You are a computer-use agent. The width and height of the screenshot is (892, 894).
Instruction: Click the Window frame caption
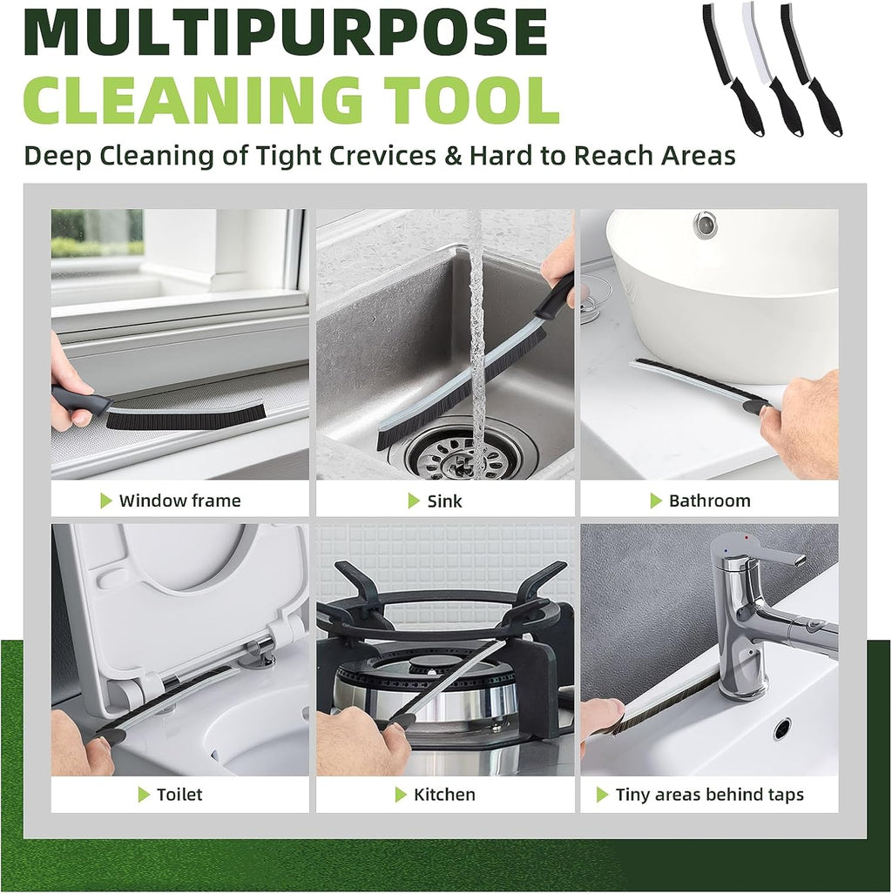click(179, 501)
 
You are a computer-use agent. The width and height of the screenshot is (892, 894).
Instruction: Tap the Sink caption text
click(444, 501)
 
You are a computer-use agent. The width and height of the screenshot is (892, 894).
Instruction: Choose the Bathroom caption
click(709, 501)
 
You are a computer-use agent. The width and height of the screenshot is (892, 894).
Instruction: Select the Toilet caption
click(179, 795)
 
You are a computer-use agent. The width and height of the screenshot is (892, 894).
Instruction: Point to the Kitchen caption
click(444, 795)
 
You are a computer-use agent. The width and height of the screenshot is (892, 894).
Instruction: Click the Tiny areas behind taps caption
click(709, 795)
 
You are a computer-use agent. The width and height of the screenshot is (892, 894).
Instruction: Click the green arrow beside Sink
click(415, 501)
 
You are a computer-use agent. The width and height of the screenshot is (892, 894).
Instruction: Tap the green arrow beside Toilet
click(145, 795)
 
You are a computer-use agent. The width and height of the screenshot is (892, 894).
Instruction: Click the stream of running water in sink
click(476, 331)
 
